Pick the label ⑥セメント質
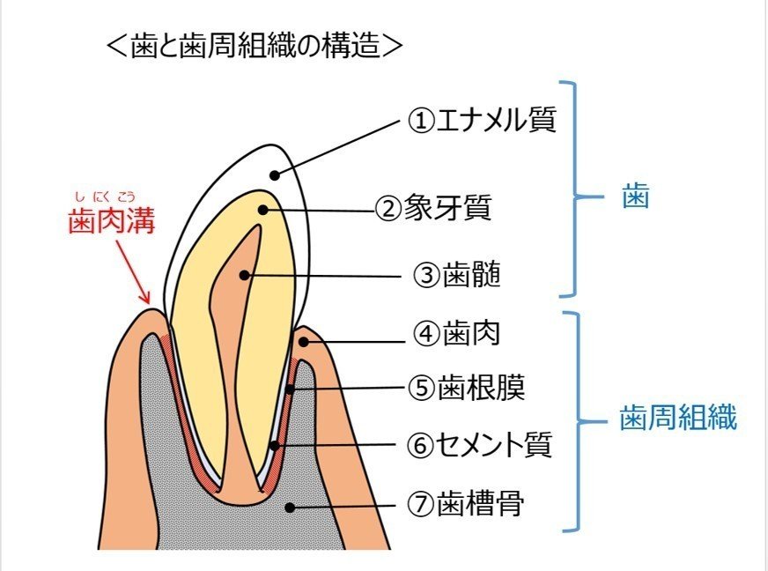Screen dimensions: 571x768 480,445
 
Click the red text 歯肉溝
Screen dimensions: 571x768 112,222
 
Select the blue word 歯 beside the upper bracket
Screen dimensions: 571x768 634,196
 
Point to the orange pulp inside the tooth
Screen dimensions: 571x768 238,352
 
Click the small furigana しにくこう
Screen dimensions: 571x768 112,197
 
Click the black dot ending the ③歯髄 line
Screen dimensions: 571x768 247,276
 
